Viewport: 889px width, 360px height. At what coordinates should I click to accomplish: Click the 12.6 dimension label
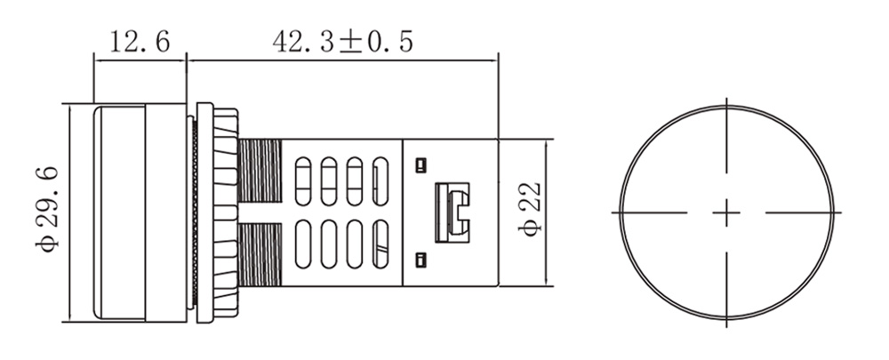[140, 42]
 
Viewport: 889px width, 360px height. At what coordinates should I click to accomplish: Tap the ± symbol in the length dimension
[351, 43]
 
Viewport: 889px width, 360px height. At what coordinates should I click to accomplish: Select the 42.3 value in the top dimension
[303, 42]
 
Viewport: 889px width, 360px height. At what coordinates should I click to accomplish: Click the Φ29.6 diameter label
[46, 210]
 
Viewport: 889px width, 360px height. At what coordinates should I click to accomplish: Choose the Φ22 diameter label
[530, 209]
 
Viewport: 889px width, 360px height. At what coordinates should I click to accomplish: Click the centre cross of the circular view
[726, 213]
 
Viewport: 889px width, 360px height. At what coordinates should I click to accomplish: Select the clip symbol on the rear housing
[452, 212]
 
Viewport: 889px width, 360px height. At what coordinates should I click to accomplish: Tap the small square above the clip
[420, 165]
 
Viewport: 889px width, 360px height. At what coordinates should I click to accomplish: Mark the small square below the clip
[420, 260]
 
